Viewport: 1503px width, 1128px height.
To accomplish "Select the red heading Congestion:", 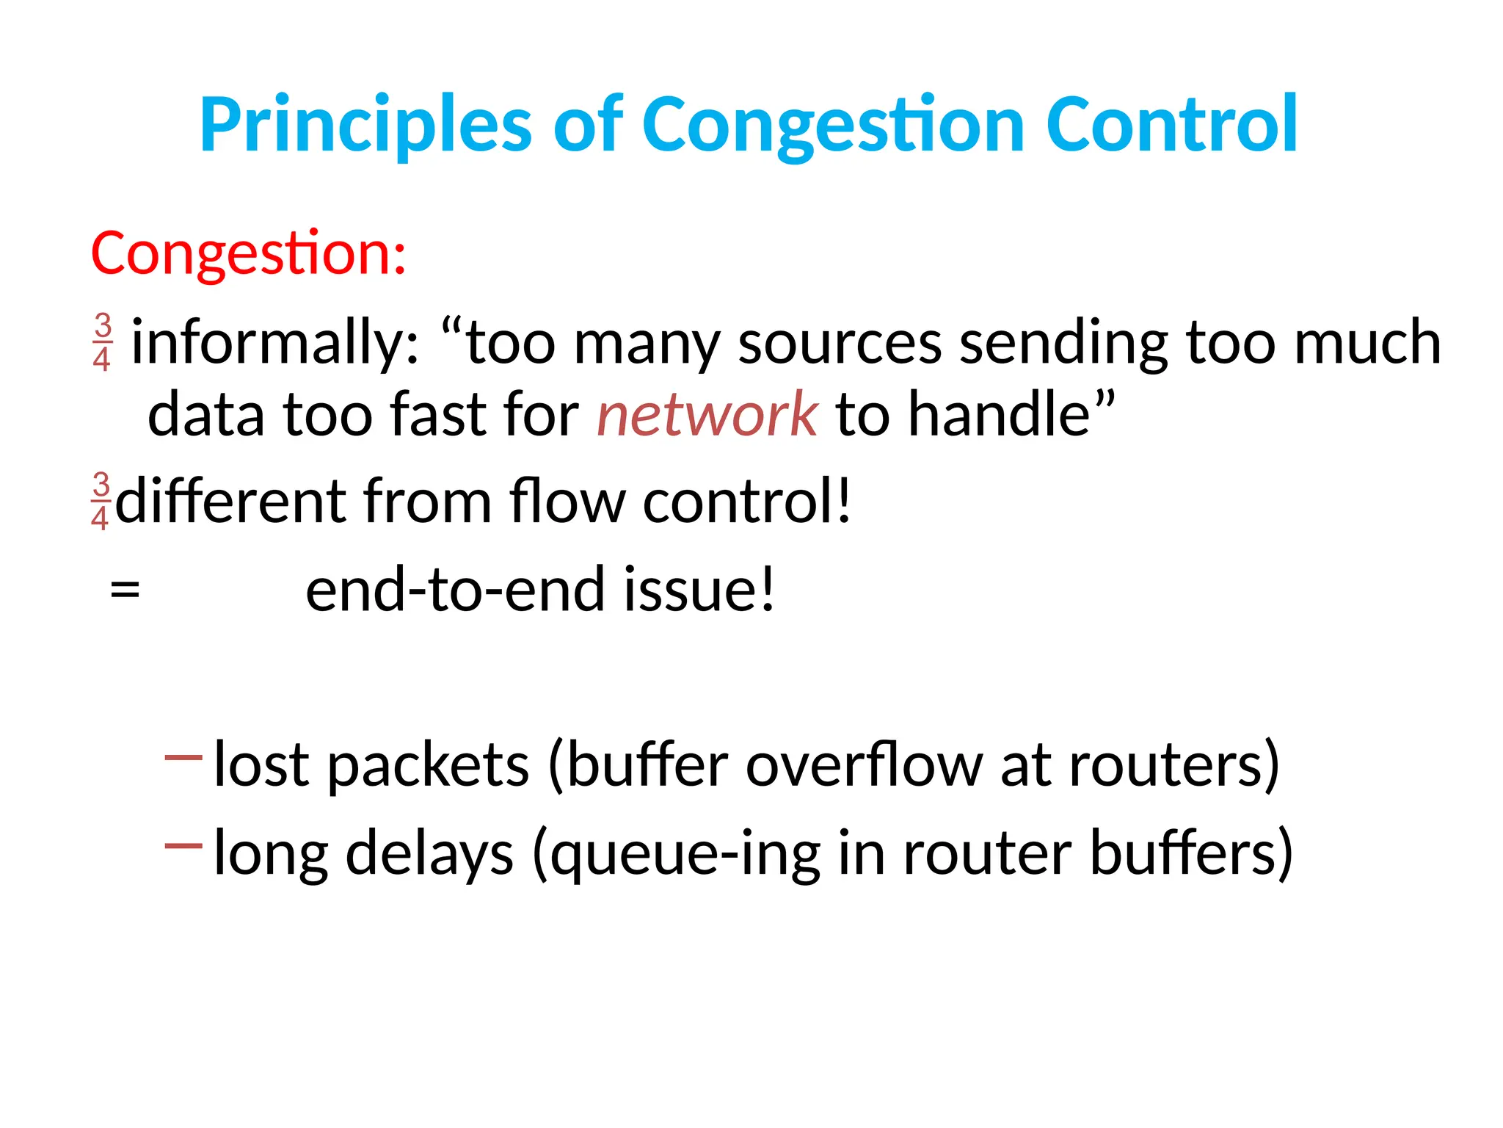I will click(x=248, y=253).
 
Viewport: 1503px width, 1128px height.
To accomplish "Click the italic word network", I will click(x=707, y=415).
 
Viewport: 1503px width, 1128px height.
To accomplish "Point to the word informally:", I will click(x=275, y=343).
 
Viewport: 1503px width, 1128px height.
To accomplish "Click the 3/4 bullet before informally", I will click(x=103, y=341).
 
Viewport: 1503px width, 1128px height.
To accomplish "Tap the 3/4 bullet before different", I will click(x=101, y=502).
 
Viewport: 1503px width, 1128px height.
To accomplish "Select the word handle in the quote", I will click(x=1000, y=415).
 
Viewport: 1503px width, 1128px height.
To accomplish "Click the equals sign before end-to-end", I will click(x=125, y=590).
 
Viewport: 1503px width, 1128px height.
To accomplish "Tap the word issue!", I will click(x=699, y=590).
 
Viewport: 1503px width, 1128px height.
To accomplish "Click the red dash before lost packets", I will click(x=183, y=757).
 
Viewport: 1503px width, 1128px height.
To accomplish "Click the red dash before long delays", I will click(x=183, y=846).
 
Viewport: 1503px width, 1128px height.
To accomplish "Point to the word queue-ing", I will click(x=685, y=854).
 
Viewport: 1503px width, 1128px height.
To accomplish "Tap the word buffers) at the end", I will click(x=1190, y=854).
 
